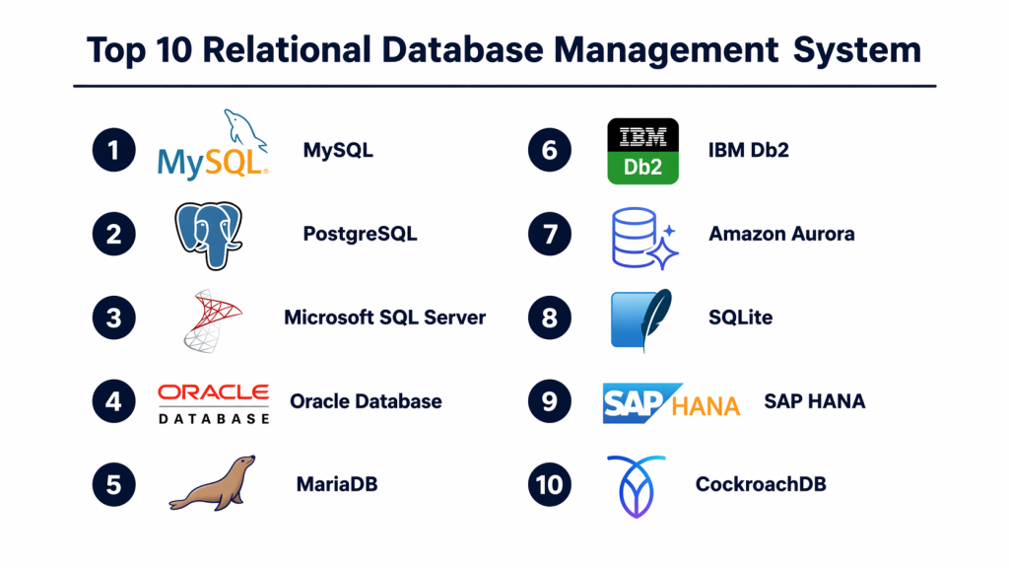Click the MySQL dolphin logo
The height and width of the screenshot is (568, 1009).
(x=214, y=148)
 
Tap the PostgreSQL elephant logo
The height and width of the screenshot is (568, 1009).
(x=208, y=234)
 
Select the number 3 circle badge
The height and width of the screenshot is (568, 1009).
(x=114, y=318)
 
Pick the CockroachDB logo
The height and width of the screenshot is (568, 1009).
(x=637, y=485)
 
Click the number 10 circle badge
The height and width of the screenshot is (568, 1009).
(x=549, y=485)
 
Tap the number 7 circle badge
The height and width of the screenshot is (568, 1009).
(x=549, y=234)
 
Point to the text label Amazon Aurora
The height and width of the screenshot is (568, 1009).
(x=781, y=235)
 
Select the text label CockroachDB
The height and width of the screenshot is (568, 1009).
(x=760, y=485)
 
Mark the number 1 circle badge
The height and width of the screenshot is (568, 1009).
(x=114, y=150)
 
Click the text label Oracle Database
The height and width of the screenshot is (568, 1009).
(x=366, y=402)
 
